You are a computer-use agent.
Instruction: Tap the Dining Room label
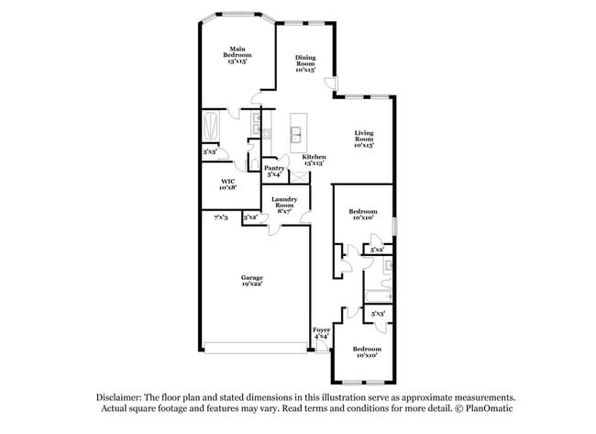pos(305,62)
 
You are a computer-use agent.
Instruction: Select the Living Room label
pos(365,139)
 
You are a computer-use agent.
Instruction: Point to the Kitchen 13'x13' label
pos(315,160)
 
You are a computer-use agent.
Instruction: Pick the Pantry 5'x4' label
pos(274,171)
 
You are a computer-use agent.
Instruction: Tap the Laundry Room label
pos(284,206)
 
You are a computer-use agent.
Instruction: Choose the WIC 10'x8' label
pos(228,184)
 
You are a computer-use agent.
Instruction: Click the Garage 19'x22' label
pos(252,281)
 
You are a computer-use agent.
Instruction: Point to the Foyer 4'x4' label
pos(321,333)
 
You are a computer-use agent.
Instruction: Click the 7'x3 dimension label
pos(220,217)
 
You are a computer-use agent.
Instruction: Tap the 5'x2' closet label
pos(376,250)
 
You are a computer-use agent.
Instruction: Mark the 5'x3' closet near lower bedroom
pos(378,315)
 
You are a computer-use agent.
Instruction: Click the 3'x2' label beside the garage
pos(249,217)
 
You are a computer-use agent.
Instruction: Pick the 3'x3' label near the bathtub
pos(209,151)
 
